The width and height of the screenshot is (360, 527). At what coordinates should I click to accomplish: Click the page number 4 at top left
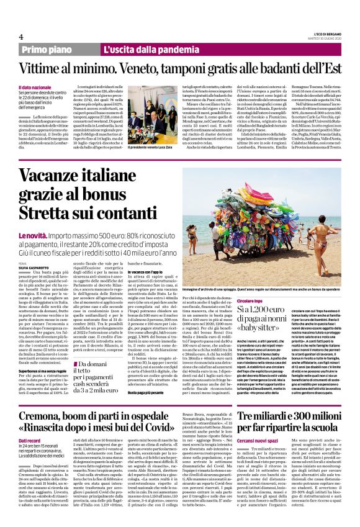(20, 36)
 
